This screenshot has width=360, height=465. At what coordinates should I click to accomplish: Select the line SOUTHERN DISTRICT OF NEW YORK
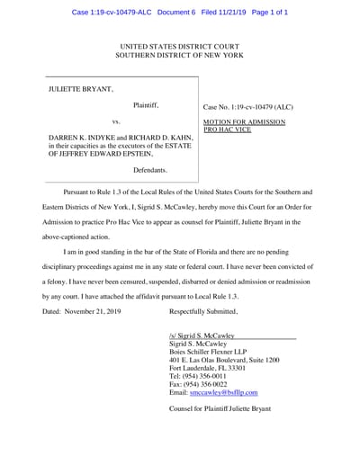point(179,55)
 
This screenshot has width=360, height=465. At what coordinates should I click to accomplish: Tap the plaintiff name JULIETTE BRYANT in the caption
point(81,89)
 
